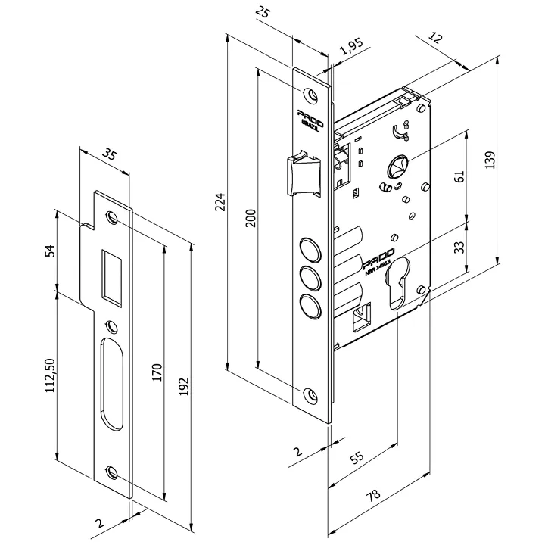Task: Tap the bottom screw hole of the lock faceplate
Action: coord(310,393)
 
